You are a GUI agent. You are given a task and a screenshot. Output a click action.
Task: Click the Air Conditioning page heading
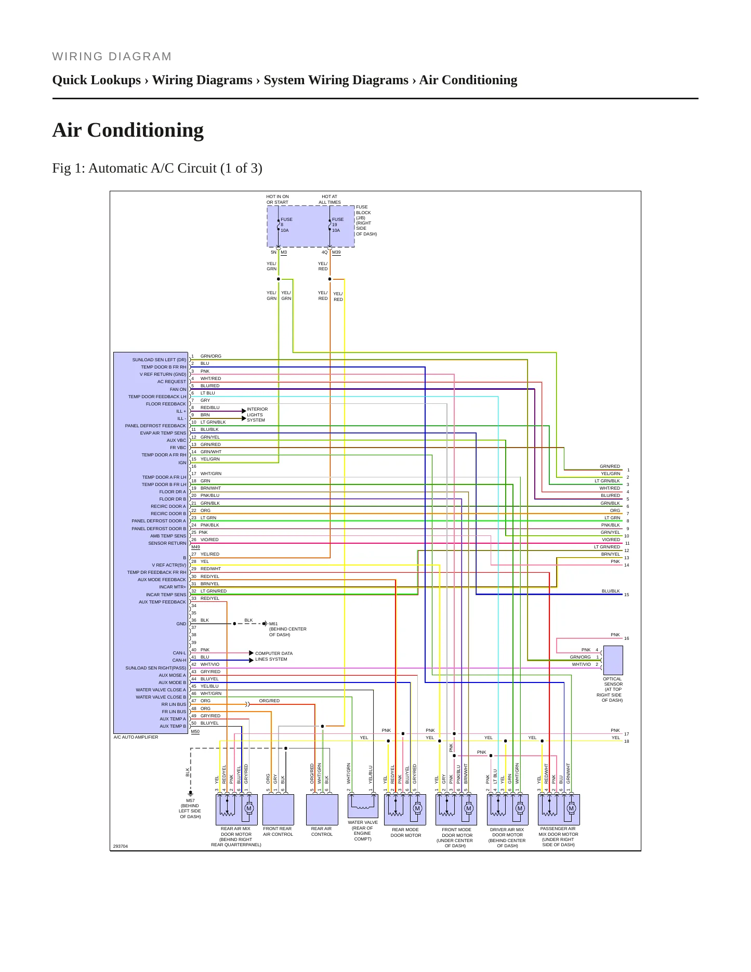point(128,130)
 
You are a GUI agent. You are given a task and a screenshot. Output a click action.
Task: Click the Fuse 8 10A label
point(286,225)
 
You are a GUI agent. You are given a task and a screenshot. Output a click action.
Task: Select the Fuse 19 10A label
point(337,225)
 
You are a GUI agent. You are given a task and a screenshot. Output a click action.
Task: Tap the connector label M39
point(336,253)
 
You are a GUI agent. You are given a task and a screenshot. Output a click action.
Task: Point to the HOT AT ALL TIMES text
point(330,200)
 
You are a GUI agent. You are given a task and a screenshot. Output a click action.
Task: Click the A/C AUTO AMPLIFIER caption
point(136,737)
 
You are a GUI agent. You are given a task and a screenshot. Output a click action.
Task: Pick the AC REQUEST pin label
point(172,382)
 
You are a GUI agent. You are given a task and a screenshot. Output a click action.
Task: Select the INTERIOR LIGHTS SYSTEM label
point(257,415)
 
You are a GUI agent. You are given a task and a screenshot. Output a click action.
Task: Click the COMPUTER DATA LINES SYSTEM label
point(274,656)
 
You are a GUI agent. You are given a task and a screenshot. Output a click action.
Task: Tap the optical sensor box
point(613,660)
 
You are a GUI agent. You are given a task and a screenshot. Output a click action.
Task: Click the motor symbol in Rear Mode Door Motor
point(417,808)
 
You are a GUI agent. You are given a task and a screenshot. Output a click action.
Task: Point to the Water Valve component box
point(363,806)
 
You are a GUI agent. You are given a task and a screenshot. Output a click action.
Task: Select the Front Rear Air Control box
point(278,809)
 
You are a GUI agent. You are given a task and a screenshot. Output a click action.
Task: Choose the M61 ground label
point(273,624)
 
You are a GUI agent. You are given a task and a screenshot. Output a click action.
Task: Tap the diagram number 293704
point(121,846)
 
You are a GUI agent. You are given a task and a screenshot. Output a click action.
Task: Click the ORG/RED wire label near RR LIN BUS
point(269,701)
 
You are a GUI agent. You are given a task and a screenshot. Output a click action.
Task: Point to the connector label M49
point(195,547)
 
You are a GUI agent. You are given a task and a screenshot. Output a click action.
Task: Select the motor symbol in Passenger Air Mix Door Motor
point(572,808)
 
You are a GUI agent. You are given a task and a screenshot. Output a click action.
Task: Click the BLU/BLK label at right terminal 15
point(611,591)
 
